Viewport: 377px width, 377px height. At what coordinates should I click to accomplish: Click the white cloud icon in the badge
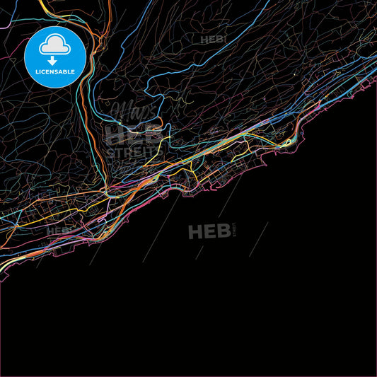coord(54,45)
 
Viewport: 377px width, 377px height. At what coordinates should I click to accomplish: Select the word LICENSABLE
coord(55,71)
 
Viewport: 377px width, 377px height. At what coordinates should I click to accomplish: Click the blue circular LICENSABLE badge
coord(55,57)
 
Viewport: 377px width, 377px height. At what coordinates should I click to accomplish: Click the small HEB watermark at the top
coord(213,40)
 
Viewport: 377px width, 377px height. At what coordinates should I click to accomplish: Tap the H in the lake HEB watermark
coord(195,231)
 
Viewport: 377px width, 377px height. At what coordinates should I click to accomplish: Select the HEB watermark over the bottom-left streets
coord(57,231)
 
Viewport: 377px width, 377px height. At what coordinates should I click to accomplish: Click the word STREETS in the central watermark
coord(134,151)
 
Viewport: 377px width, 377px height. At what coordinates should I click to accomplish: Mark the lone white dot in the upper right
coord(294,74)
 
